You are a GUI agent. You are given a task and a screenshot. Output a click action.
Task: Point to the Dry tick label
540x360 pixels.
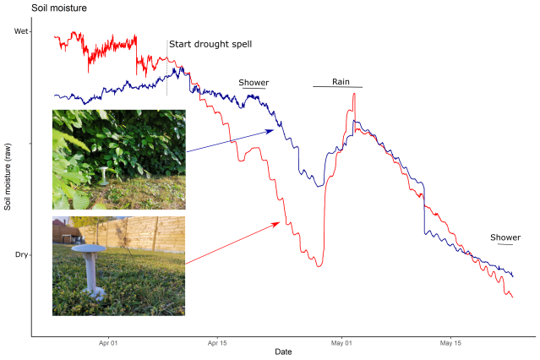coord(21,254)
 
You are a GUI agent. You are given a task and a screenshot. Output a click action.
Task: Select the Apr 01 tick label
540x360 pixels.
coord(107,343)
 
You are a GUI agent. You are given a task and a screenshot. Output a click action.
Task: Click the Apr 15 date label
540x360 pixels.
coord(217,343)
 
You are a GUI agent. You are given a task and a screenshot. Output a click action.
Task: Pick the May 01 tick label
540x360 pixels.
coord(341,343)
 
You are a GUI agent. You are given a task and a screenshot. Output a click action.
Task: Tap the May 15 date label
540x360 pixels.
coord(451,343)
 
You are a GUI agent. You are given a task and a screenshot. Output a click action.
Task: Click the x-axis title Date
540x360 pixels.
coord(283,352)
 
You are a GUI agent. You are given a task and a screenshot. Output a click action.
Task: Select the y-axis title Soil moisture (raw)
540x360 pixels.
coord(8,178)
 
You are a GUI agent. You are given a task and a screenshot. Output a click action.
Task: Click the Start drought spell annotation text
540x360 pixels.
coord(210,44)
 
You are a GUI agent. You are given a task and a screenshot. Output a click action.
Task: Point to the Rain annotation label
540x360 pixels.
coord(341,82)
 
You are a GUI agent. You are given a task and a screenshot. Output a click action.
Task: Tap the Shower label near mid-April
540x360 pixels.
coord(254,83)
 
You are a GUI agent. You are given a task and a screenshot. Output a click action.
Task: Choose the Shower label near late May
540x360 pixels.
coord(505,237)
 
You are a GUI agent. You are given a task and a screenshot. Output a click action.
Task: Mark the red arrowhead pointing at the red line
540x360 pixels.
coord(277,223)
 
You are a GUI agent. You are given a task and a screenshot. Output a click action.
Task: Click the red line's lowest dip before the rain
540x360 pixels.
coord(319,266)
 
